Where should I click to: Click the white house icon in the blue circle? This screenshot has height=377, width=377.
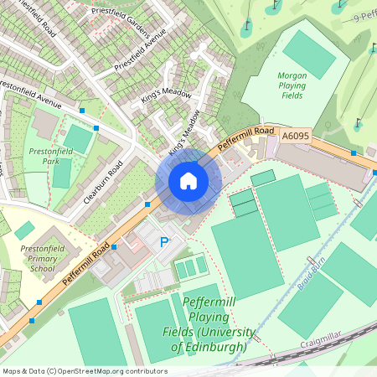click(188, 181)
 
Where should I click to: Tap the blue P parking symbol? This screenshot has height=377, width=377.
click(164, 243)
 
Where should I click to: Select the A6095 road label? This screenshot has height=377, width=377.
click(295, 134)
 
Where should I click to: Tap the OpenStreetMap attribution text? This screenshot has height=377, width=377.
click(84, 371)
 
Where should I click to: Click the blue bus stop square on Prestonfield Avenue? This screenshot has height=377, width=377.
click(82, 110)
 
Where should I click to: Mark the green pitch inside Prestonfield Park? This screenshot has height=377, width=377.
click(78, 138)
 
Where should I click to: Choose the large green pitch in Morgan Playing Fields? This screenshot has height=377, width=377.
click(308, 54)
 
